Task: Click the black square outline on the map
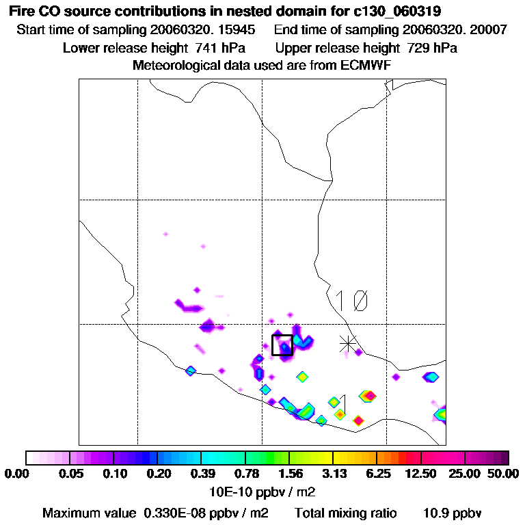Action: click(x=282, y=345)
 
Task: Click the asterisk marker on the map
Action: click(x=349, y=344)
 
